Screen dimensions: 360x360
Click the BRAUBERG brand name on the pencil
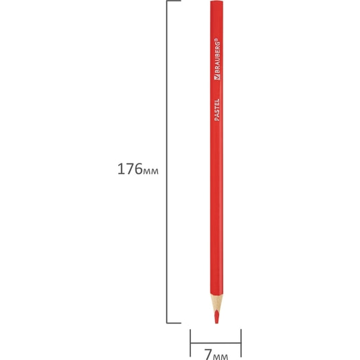(217, 58)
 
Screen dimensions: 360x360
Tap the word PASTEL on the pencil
(217, 110)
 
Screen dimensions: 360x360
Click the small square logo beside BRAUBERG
(217, 77)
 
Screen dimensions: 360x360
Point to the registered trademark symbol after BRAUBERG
(218, 40)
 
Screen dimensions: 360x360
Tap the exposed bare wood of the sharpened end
(216, 302)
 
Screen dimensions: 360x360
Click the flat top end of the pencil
(216, 1)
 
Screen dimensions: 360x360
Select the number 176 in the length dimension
(130, 169)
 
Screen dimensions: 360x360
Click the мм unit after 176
(151, 171)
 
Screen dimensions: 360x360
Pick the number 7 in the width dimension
(208, 355)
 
